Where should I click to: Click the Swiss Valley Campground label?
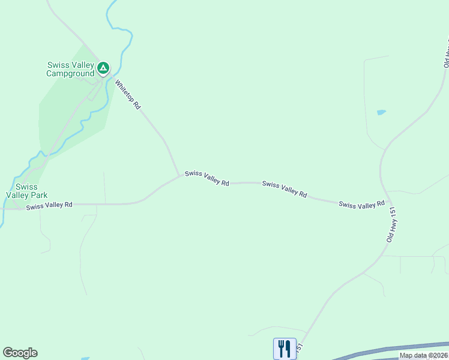(71, 70)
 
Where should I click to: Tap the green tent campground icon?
(103, 68)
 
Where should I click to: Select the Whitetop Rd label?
(128, 95)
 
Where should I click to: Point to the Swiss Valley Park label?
(26, 191)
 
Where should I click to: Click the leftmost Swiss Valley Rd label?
(49, 205)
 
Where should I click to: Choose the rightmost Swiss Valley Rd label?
(361, 205)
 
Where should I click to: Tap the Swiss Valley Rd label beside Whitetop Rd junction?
(207, 178)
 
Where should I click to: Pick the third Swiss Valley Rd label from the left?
(285, 189)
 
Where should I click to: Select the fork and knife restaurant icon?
(283, 348)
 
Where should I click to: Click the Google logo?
(20, 353)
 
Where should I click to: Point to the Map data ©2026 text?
(424, 355)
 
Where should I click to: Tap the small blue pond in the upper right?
(381, 112)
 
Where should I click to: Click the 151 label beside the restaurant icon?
(300, 349)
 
